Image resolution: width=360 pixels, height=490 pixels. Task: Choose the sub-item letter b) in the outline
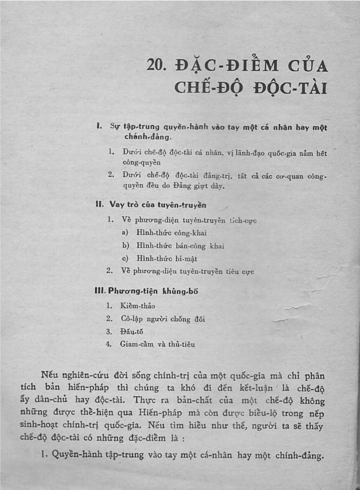(x=126, y=245)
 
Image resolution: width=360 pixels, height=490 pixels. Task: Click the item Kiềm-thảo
(x=137, y=305)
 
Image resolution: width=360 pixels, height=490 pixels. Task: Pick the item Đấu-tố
(x=131, y=331)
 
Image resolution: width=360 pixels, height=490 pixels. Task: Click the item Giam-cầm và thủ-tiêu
(x=157, y=344)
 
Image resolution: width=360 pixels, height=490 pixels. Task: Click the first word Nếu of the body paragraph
(x=50, y=375)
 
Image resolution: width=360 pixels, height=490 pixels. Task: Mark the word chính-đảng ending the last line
(x=299, y=456)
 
